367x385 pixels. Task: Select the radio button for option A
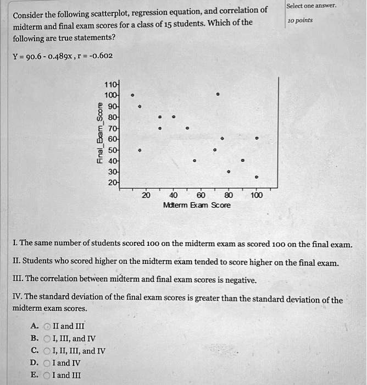(x=48, y=326)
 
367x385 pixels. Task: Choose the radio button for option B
(x=48, y=338)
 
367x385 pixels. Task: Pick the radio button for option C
(x=48, y=350)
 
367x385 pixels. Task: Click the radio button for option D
(x=48, y=362)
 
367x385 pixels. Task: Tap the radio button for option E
(x=48, y=375)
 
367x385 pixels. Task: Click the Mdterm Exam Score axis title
(x=197, y=205)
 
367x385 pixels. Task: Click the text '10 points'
(x=299, y=20)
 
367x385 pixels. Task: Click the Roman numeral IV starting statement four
(x=17, y=300)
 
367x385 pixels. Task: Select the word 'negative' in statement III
(x=241, y=280)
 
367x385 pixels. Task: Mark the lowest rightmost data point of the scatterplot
(x=257, y=177)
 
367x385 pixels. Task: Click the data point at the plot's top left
(x=131, y=95)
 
